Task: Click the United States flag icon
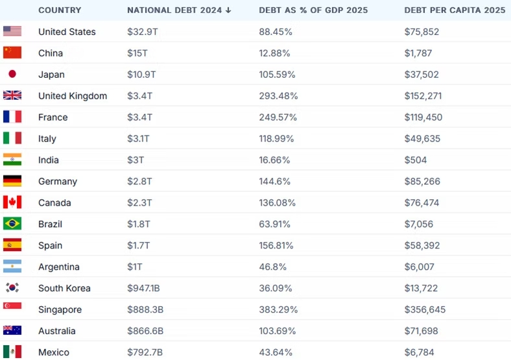click(x=12, y=31)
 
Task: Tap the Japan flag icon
click(x=12, y=74)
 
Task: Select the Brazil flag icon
click(x=12, y=224)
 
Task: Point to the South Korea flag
click(x=12, y=288)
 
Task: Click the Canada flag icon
click(x=12, y=202)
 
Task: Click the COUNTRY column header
click(x=60, y=10)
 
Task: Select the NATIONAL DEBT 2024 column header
click(x=179, y=10)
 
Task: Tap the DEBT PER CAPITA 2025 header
click(x=455, y=10)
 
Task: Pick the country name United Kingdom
click(x=73, y=96)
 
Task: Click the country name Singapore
click(x=60, y=309)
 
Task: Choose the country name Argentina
click(x=59, y=267)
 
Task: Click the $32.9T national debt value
click(x=143, y=32)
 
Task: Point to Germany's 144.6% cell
click(x=275, y=182)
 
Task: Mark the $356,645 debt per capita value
click(x=425, y=309)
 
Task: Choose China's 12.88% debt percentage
click(x=276, y=53)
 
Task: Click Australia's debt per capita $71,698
click(x=422, y=331)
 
